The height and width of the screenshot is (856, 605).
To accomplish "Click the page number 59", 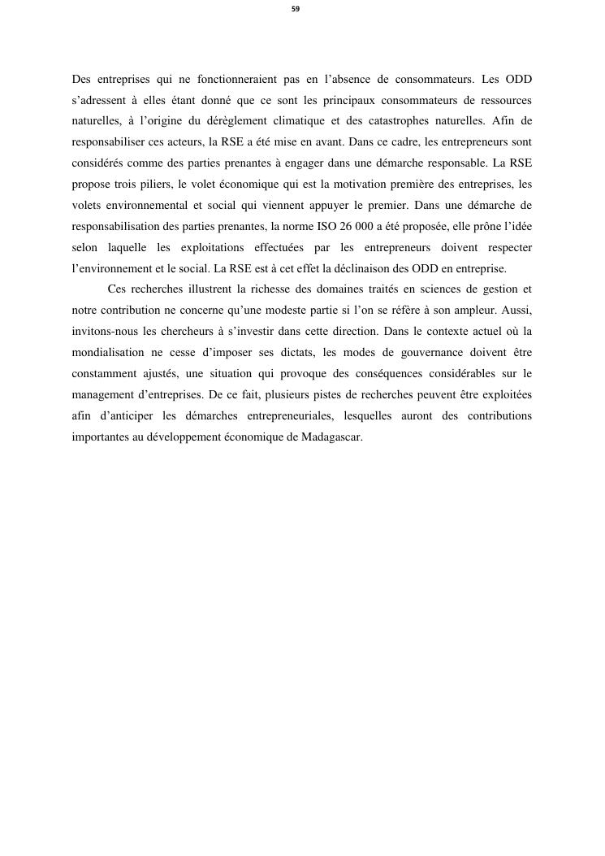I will pyautogui.click(x=296, y=9).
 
